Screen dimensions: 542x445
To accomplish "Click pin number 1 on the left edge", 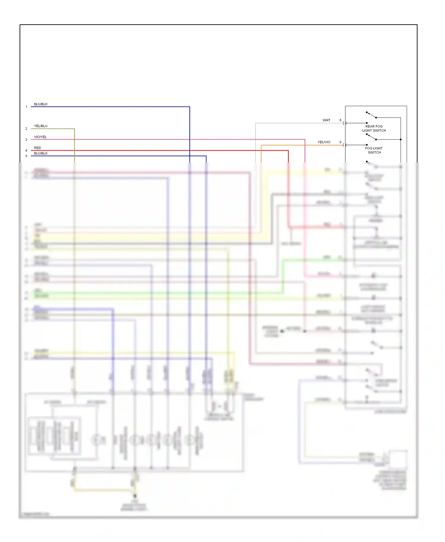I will pyautogui.click(x=26, y=107).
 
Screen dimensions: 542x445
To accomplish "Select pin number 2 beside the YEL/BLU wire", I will pyautogui.click(x=26, y=129).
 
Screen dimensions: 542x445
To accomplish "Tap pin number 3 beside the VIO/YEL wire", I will pyautogui.click(x=26, y=140).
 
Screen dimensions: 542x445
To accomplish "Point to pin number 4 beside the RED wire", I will pyautogui.click(x=26, y=151).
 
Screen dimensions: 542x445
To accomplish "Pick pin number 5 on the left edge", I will pyautogui.click(x=26, y=156).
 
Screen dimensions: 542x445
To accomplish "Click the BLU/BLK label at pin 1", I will pyautogui.click(x=41, y=104).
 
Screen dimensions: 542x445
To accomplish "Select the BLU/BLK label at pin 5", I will pyautogui.click(x=41, y=153).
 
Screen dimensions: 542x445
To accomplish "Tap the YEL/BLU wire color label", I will pyautogui.click(x=41, y=126).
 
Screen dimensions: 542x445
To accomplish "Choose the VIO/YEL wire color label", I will pyautogui.click(x=40, y=137).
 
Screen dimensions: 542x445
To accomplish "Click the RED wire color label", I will pyautogui.click(x=38, y=148).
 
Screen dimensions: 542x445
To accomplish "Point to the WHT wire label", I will pyautogui.click(x=326, y=120).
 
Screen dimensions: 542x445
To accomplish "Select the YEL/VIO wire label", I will pyautogui.click(x=324, y=142).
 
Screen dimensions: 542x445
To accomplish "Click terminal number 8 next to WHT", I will pyautogui.click(x=340, y=120).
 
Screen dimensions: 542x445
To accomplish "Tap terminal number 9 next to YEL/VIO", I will pyautogui.click(x=340, y=142).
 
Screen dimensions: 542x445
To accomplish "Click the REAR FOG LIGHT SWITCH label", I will pyautogui.click(x=374, y=128).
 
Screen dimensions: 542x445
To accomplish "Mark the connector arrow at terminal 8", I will pyautogui.click(x=345, y=123).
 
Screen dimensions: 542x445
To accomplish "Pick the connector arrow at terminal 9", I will pyautogui.click(x=345, y=145).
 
